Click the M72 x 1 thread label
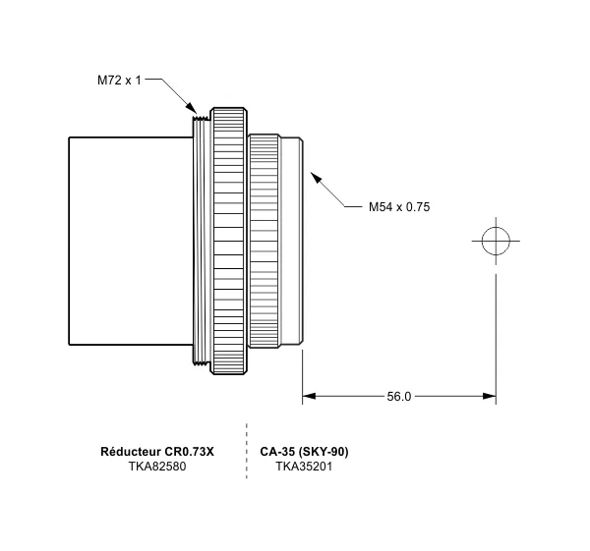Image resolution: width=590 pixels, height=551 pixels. point(119,80)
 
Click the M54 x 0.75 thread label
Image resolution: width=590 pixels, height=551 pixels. point(399,207)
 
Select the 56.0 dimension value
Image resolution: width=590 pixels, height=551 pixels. point(399,397)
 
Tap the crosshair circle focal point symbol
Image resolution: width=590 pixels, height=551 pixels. point(496,240)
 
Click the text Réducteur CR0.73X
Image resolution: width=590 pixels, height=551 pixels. point(157,452)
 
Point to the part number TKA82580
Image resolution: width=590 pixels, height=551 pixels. point(157,467)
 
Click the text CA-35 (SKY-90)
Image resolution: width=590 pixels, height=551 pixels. point(304,452)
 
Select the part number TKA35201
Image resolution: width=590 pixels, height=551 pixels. point(304,467)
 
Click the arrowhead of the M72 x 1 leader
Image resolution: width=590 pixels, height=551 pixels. point(193,111)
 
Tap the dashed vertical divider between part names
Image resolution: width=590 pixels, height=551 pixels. point(246,452)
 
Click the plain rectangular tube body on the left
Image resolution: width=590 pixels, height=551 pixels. point(128,241)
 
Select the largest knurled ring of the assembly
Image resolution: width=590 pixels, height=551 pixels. point(231,241)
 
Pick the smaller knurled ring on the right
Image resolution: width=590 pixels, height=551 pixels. point(263,241)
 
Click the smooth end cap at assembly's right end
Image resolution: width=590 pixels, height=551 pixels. point(293,241)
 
